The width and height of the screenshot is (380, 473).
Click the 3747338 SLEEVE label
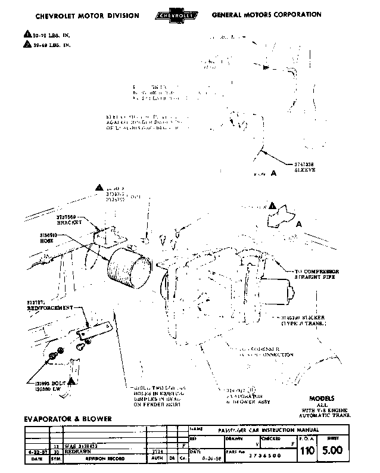click(306, 167)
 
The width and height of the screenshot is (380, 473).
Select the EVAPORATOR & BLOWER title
click(68, 419)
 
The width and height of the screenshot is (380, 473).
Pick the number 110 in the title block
click(307, 451)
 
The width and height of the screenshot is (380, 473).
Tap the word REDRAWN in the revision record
click(68, 452)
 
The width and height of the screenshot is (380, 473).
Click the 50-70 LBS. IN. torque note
click(51, 35)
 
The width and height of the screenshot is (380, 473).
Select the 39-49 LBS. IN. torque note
click(51, 45)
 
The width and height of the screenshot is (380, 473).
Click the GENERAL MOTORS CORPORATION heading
click(266, 14)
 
